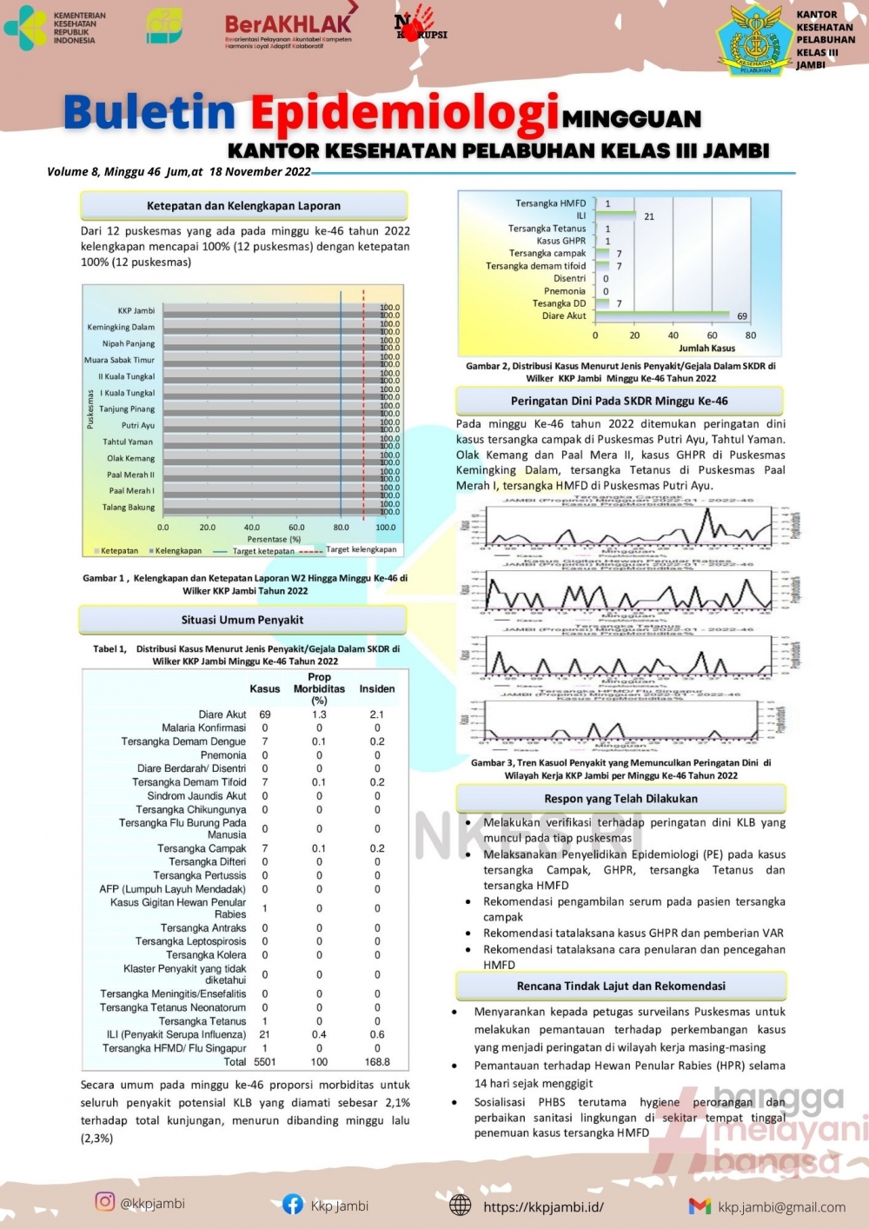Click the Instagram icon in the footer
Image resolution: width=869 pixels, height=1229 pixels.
(x=105, y=1202)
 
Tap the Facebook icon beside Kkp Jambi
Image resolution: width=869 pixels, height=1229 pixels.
(x=293, y=1205)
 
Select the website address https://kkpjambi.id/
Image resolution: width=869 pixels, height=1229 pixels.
(x=543, y=1206)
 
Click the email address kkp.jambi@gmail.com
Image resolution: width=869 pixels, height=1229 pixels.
(x=781, y=1206)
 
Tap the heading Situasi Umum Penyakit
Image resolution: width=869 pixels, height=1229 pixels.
(x=242, y=620)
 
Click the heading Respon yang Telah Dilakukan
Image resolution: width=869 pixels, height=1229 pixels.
(x=620, y=799)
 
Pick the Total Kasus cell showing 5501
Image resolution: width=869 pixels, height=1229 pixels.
(x=265, y=1062)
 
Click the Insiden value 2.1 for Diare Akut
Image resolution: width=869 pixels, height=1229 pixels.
(x=376, y=714)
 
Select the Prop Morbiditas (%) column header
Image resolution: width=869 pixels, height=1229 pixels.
(x=319, y=688)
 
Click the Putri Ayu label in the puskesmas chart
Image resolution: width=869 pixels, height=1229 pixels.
(x=138, y=426)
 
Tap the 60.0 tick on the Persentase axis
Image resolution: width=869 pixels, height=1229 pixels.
(x=296, y=528)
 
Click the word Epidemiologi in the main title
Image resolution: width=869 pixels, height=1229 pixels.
(x=404, y=114)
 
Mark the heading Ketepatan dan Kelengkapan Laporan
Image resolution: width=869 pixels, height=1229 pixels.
(x=243, y=206)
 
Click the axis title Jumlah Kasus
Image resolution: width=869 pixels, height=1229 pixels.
(x=706, y=348)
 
